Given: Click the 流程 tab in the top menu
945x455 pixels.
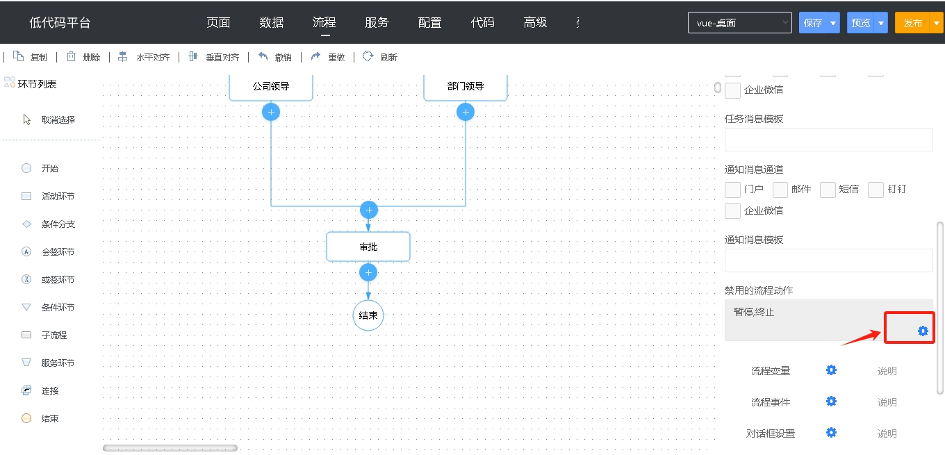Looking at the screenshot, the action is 324,22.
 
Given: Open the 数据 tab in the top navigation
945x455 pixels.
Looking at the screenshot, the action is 271,22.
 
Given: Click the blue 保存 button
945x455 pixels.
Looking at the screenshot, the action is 813,23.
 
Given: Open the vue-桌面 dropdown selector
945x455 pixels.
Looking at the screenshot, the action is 739,23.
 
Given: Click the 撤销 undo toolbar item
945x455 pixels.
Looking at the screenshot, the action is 275,57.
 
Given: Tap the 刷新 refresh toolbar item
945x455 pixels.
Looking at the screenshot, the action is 380,57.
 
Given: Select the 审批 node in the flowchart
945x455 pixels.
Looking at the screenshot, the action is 368,247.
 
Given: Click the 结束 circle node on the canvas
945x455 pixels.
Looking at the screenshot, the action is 368,315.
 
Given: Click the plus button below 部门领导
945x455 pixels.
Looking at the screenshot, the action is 466,112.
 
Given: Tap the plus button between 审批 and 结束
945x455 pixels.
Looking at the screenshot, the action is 368,273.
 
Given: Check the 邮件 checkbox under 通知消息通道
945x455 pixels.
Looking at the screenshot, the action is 780,190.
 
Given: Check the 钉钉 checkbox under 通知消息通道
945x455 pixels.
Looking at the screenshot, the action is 876,190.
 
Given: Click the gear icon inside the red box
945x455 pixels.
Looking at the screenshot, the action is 923,331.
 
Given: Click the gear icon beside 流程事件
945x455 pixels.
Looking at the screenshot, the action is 831,401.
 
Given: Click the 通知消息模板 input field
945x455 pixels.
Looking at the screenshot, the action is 828,260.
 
